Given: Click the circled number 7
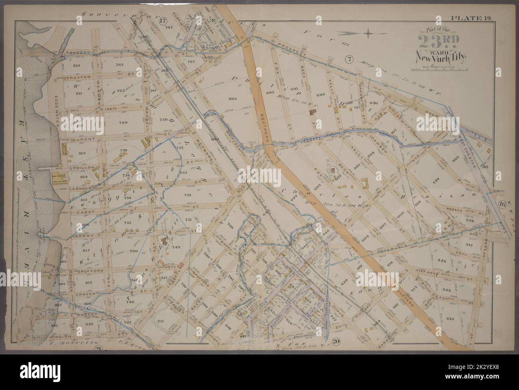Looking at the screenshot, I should click(x=349, y=60).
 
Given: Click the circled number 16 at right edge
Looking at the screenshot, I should click(x=502, y=205).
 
